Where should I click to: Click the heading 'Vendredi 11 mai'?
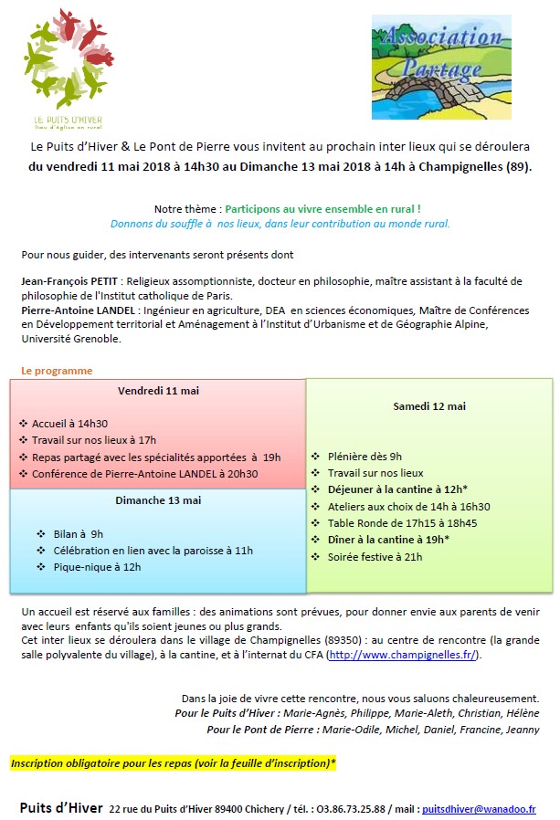[159, 391]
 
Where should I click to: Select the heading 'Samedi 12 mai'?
[428, 406]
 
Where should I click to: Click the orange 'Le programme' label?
[57, 371]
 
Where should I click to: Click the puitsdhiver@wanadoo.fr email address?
[479, 809]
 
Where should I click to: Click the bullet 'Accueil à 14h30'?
[69, 424]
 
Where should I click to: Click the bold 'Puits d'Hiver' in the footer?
[60, 808]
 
